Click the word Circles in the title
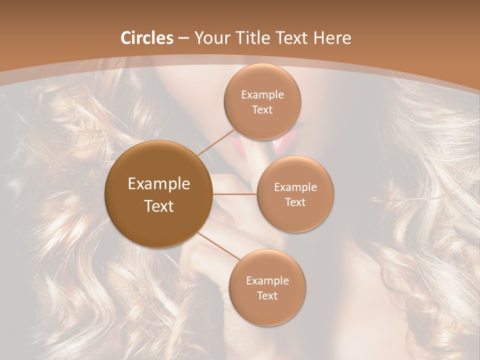[146, 38]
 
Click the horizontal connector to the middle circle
[234, 193]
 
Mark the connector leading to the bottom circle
[218, 245]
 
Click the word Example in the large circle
[159, 184]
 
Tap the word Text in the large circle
[159, 206]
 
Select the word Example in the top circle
[262, 95]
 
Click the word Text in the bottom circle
[267, 295]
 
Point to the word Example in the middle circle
[295, 187]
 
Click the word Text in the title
[291, 38]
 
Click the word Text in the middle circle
[295, 202]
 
